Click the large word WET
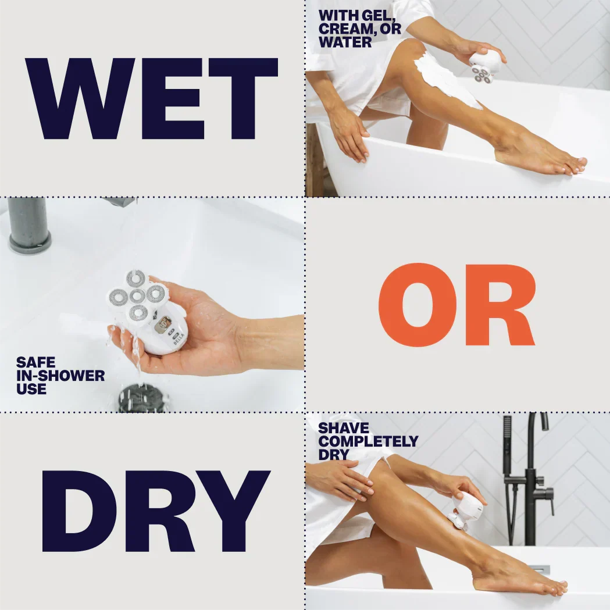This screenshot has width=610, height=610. point(152,98)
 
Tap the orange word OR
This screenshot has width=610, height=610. point(456,304)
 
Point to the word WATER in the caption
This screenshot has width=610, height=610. point(345,42)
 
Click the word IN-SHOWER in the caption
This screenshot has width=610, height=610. point(60,376)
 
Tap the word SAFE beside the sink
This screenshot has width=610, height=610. point(36,363)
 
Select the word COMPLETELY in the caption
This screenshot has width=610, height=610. point(368,441)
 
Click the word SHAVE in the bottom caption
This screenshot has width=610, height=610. point(344,428)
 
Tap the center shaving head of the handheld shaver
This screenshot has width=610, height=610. point(137,296)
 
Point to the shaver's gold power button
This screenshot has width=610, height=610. point(163,324)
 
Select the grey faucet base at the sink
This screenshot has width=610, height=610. point(30,243)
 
